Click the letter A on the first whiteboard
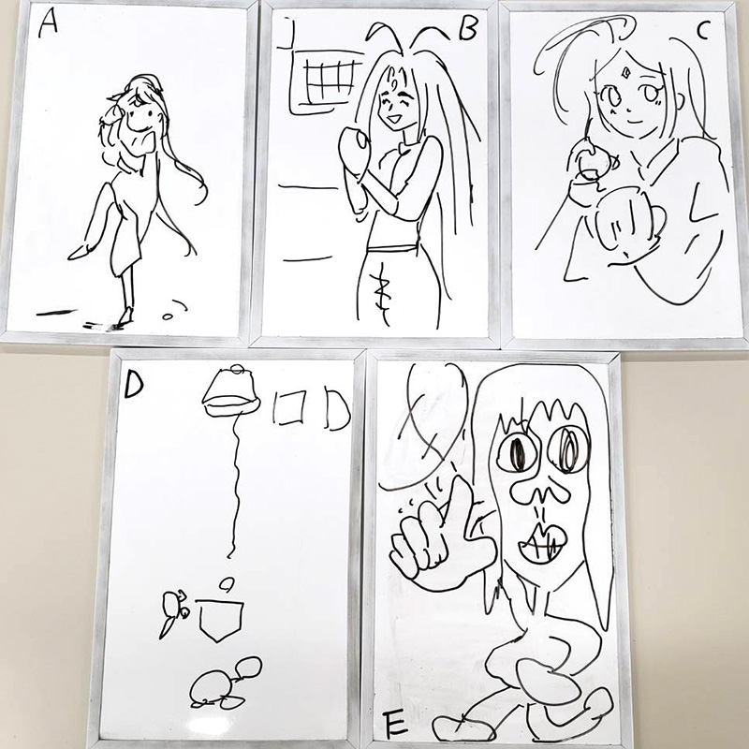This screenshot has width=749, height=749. coord(48,23)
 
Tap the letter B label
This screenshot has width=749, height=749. coord(467,29)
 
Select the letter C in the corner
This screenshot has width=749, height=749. coord(702,31)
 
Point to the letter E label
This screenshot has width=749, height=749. coord(394,723)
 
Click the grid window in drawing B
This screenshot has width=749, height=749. coord(330,80)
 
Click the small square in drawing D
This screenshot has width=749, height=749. coord(289,407)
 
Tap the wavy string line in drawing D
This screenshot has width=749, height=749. coord(236,485)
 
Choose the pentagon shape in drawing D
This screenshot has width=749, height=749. coord(221,620)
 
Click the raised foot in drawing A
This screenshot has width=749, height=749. coord(81,252)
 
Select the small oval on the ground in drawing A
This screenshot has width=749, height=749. coord(167,316)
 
